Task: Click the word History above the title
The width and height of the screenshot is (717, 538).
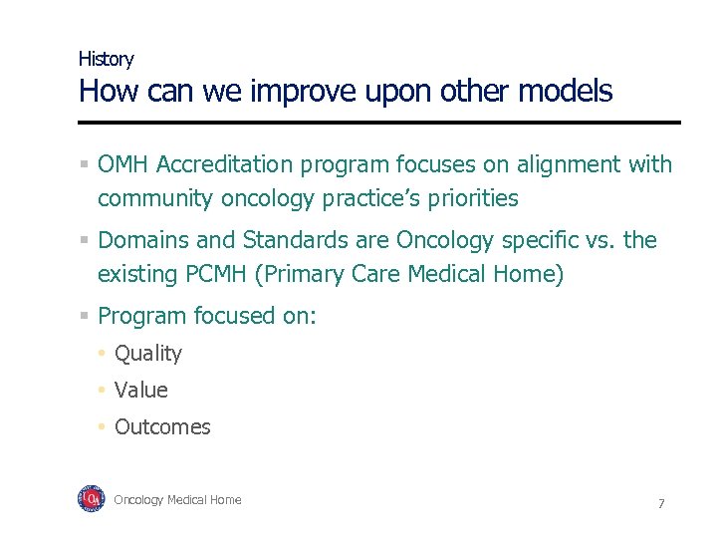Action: tap(106, 59)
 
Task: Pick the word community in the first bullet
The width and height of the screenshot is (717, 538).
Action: tap(154, 198)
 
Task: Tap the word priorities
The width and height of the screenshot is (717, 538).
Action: tap(473, 198)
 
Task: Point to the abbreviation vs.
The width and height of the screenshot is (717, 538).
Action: tap(600, 240)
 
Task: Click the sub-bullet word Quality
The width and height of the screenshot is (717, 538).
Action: tap(148, 353)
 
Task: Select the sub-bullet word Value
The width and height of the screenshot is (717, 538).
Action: tap(141, 390)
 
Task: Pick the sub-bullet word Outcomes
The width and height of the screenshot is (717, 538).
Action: tap(162, 426)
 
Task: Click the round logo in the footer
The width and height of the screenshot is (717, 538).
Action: tap(92, 499)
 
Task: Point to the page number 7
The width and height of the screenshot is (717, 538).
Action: tap(660, 503)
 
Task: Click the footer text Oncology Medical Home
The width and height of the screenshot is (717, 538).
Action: tap(177, 500)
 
